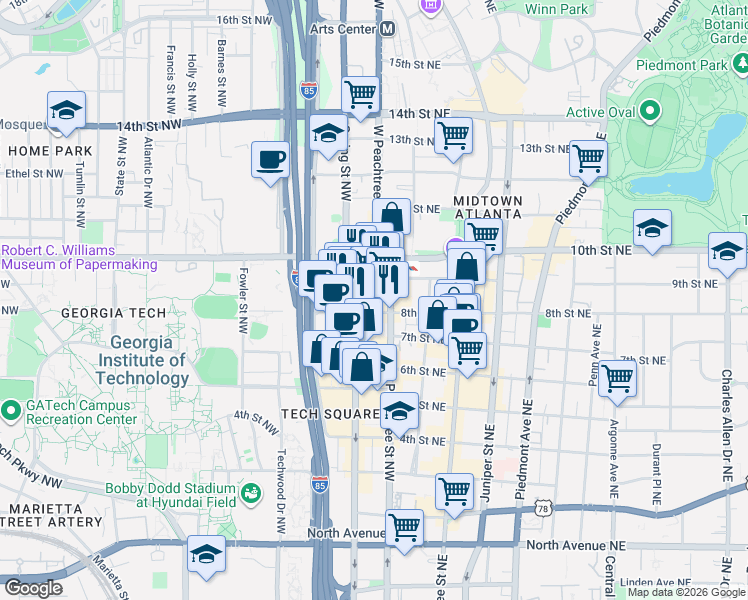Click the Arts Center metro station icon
click(x=386, y=29)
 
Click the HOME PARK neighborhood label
click(x=50, y=151)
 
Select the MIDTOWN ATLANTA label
click(x=488, y=206)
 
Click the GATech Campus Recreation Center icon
click(x=11, y=410)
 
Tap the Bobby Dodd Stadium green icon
click(x=250, y=493)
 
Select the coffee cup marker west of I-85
click(x=270, y=161)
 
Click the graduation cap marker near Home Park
click(x=66, y=111)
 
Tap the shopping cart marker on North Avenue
click(x=404, y=526)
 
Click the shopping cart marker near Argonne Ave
click(x=618, y=379)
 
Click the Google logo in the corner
click(x=32, y=588)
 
